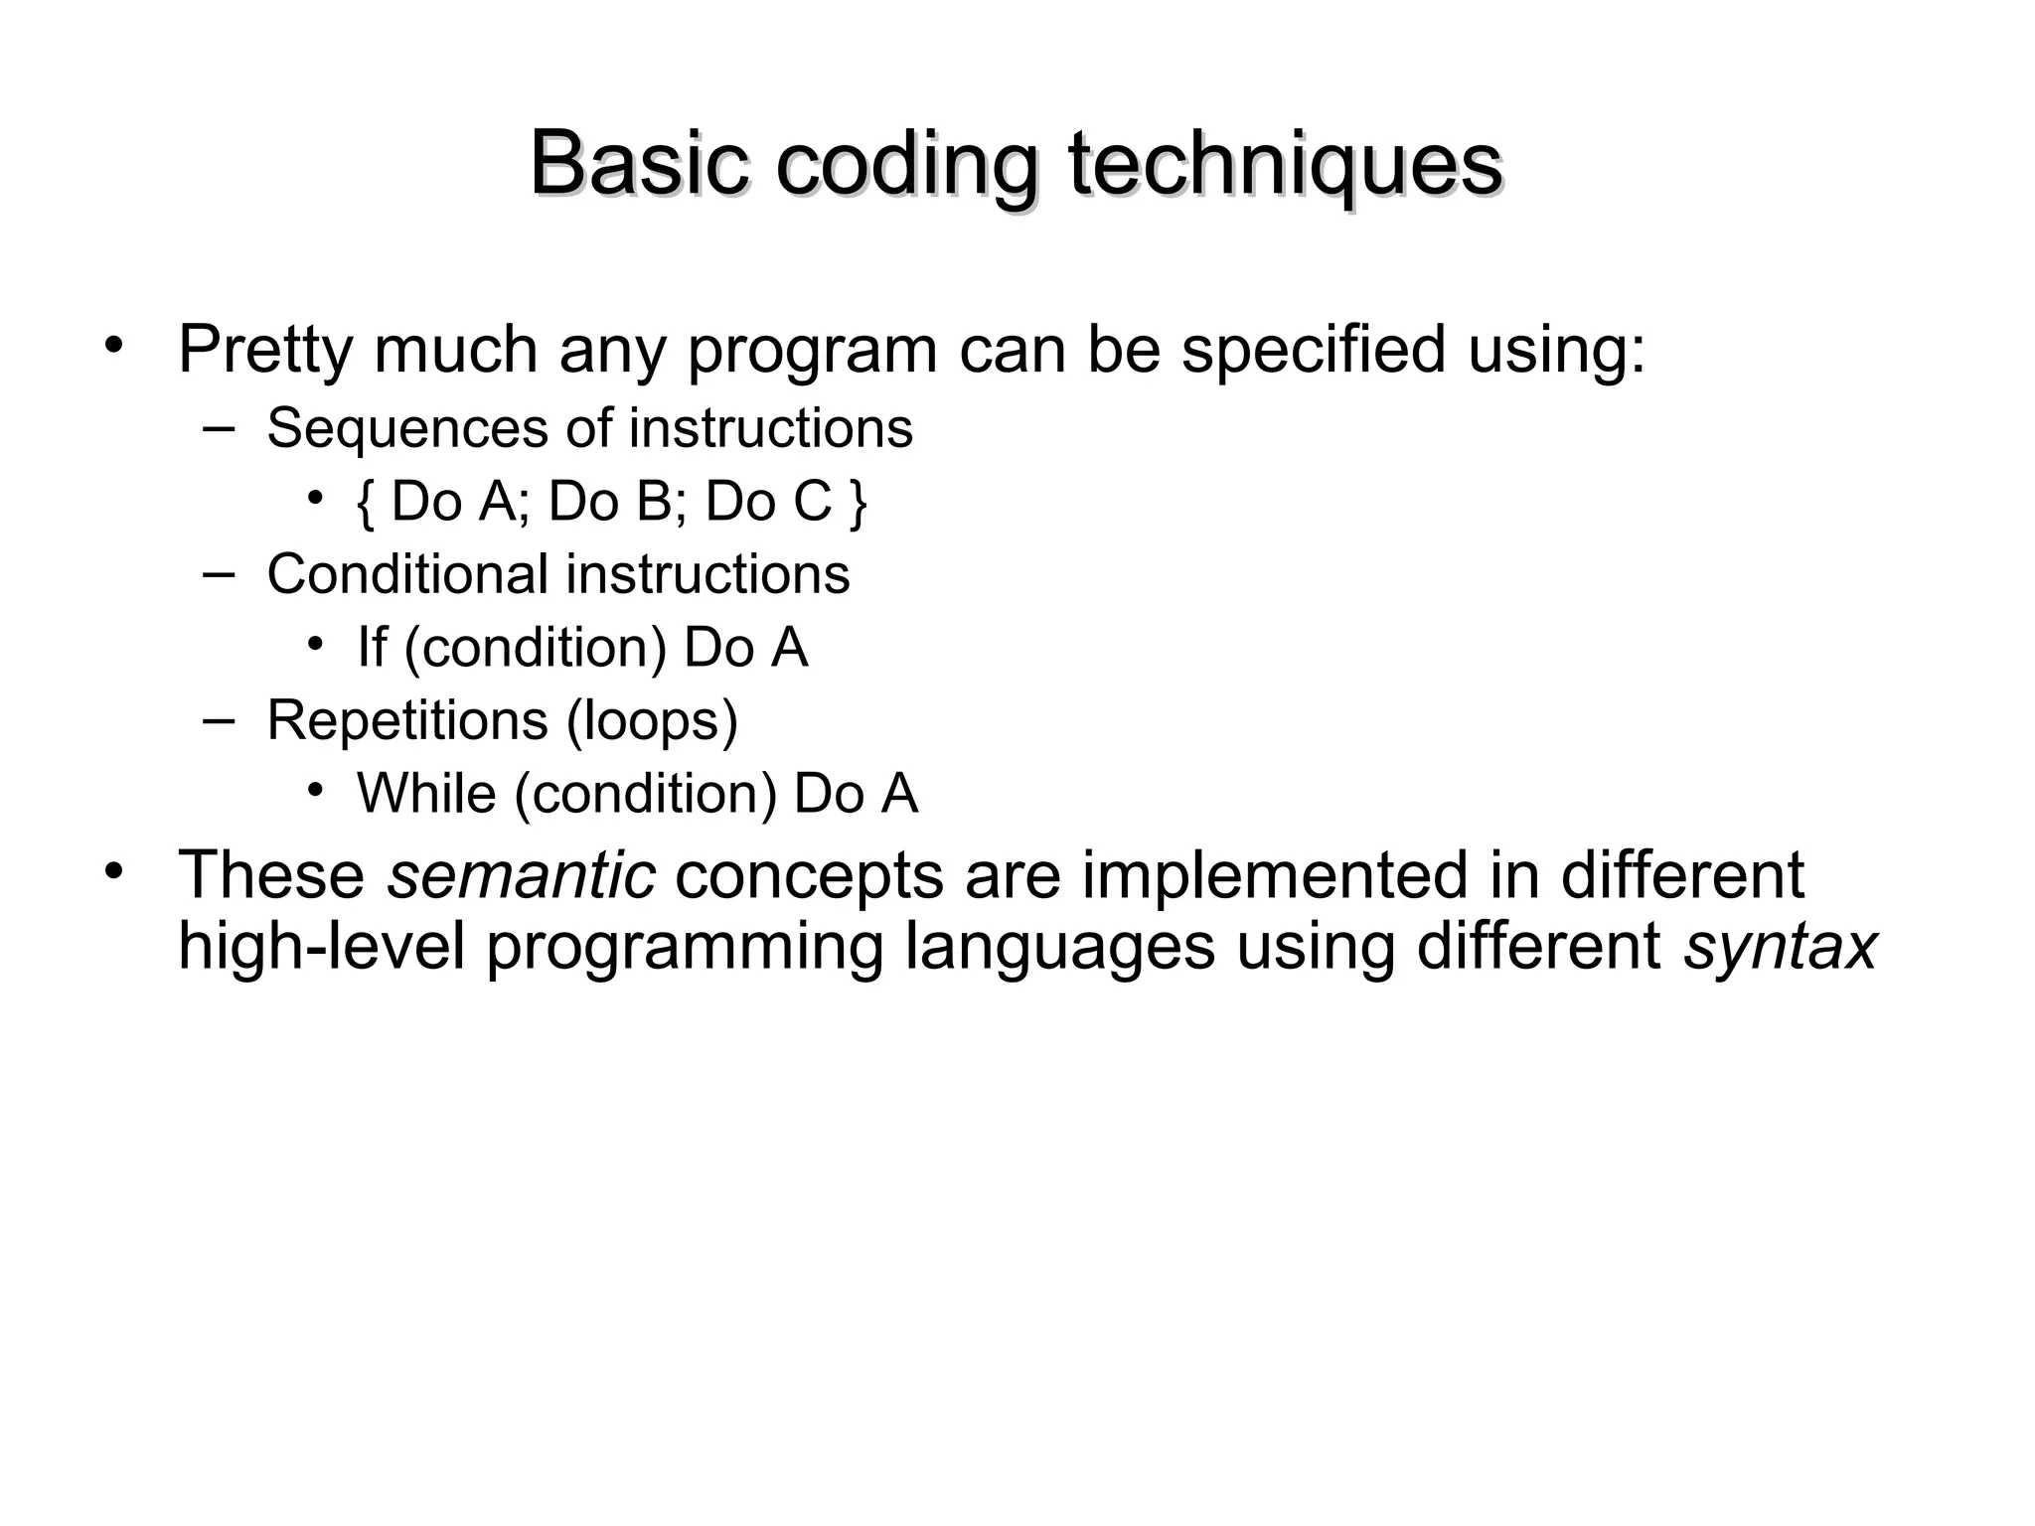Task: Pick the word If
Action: (372, 647)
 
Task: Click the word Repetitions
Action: (407, 720)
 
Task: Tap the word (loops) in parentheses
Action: (653, 720)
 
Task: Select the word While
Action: (426, 794)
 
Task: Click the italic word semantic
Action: (521, 875)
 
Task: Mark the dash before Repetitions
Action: (218, 718)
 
